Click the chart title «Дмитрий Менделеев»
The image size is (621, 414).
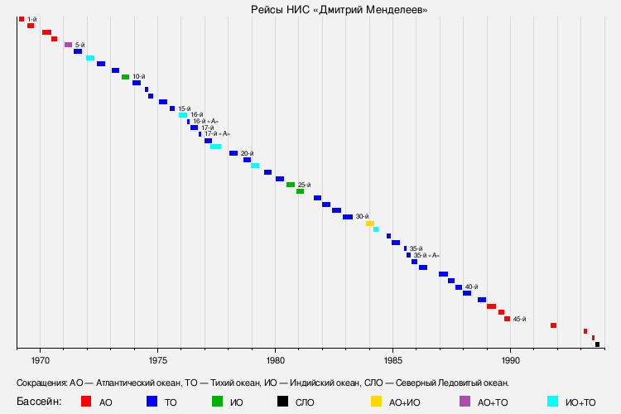coord(339,9)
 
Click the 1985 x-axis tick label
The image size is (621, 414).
coord(393,361)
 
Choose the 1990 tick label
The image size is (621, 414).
coord(511,361)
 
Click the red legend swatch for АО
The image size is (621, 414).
coord(85,402)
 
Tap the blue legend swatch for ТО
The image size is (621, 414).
coord(152,402)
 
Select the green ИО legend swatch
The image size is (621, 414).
coord(217,402)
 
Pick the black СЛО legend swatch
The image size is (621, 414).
coord(282,402)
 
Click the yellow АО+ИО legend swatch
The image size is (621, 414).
coord(376,402)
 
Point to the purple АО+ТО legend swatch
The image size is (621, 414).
coord(465,402)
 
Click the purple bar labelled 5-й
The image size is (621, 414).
coord(68,45)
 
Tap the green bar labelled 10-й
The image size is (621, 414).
coord(126,77)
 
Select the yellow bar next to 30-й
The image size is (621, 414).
coord(370,224)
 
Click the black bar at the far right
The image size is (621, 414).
coord(597,344)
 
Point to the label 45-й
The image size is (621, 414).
coord(519,319)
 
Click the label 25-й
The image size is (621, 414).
coord(304,185)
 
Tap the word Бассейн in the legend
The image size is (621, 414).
coord(39,402)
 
